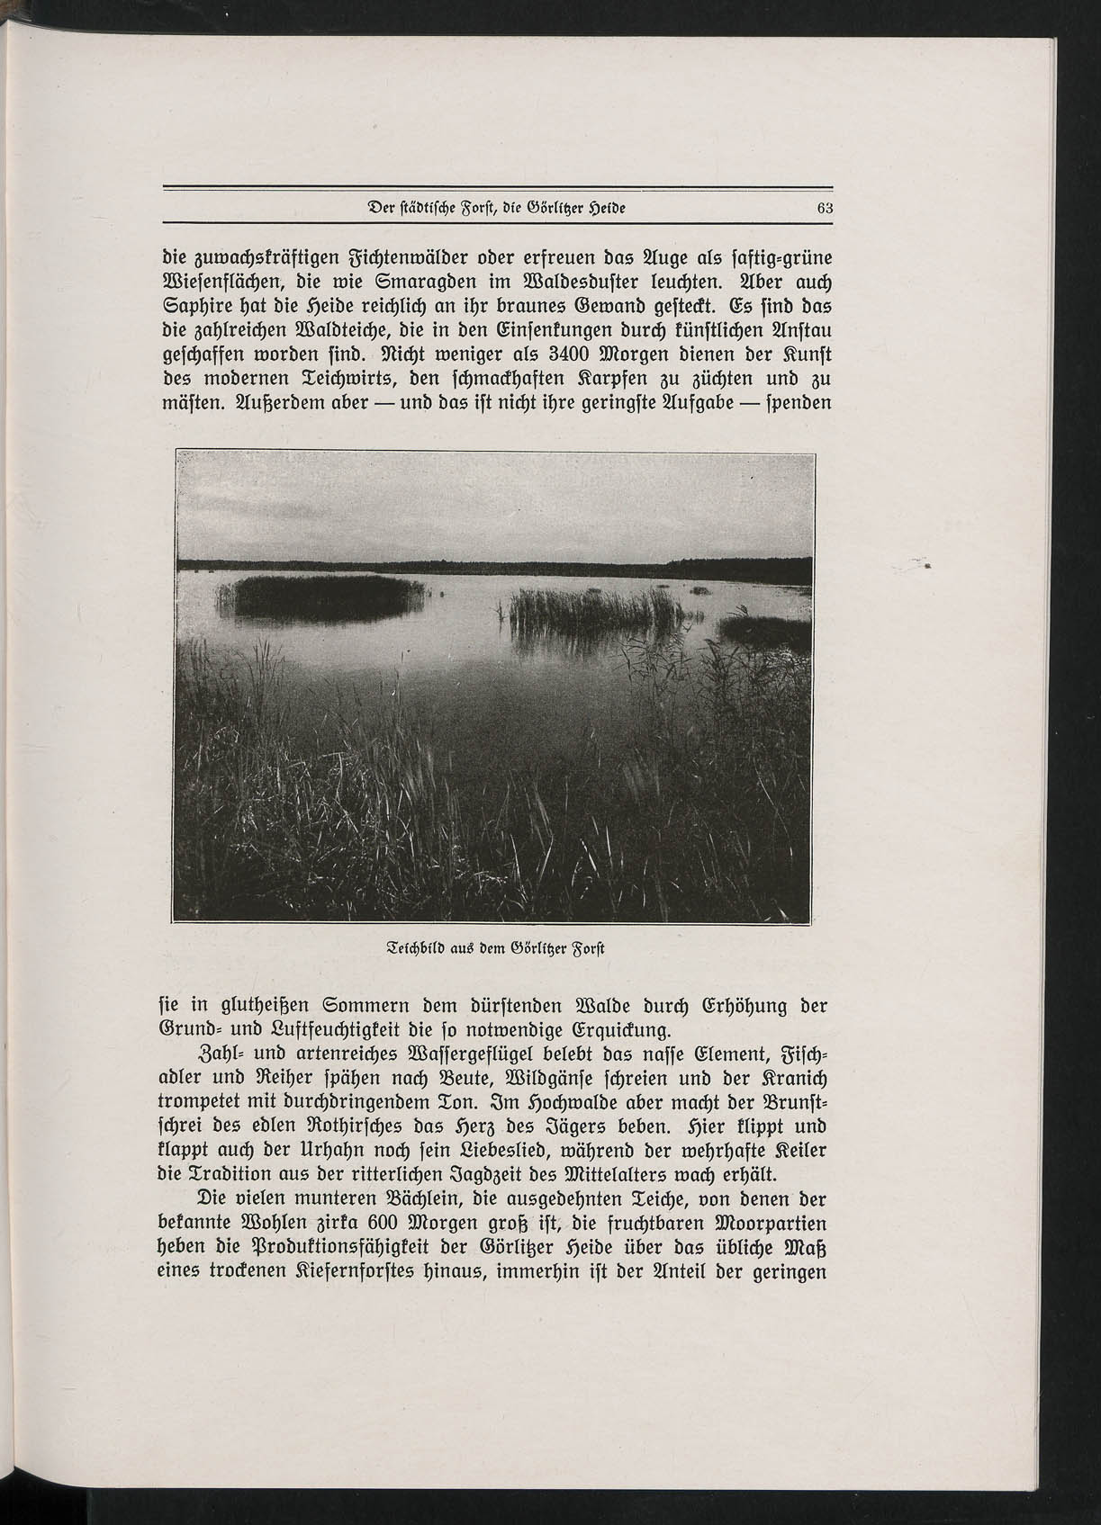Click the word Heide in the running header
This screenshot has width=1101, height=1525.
tap(600, 208)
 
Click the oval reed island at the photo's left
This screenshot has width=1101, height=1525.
tap(319, 597)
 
